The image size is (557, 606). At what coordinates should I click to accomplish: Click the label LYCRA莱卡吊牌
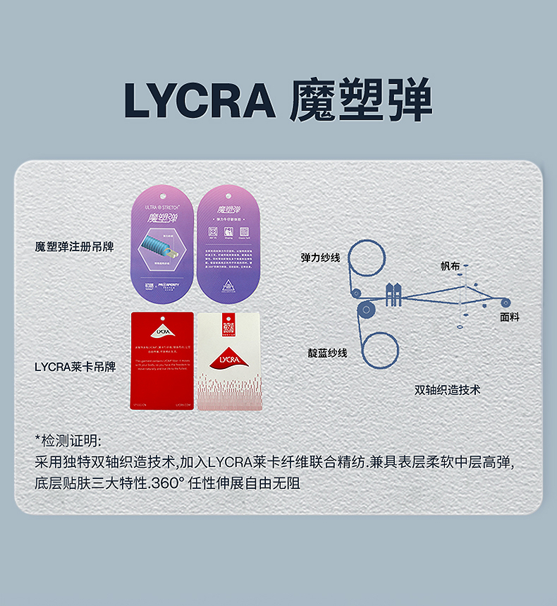pos(74,366)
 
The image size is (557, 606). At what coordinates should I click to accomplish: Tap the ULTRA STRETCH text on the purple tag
pos(161,207)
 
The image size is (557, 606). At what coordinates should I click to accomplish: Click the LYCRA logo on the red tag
pos(162,330)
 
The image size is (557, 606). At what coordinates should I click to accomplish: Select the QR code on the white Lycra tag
pos(228,327)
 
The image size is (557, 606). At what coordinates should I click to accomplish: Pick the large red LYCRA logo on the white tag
pos(228,359)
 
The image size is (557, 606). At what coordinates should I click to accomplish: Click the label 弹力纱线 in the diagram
pos(321,257)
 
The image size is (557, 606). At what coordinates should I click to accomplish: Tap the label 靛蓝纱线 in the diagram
pos(327,353)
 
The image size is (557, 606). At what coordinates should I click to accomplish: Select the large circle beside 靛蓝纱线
pos(380,349)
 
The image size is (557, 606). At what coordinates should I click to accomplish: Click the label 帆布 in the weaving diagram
pos(450,266)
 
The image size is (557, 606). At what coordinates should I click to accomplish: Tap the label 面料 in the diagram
pos(509,317)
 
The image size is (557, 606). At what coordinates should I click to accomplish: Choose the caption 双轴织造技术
pos(447,389)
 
